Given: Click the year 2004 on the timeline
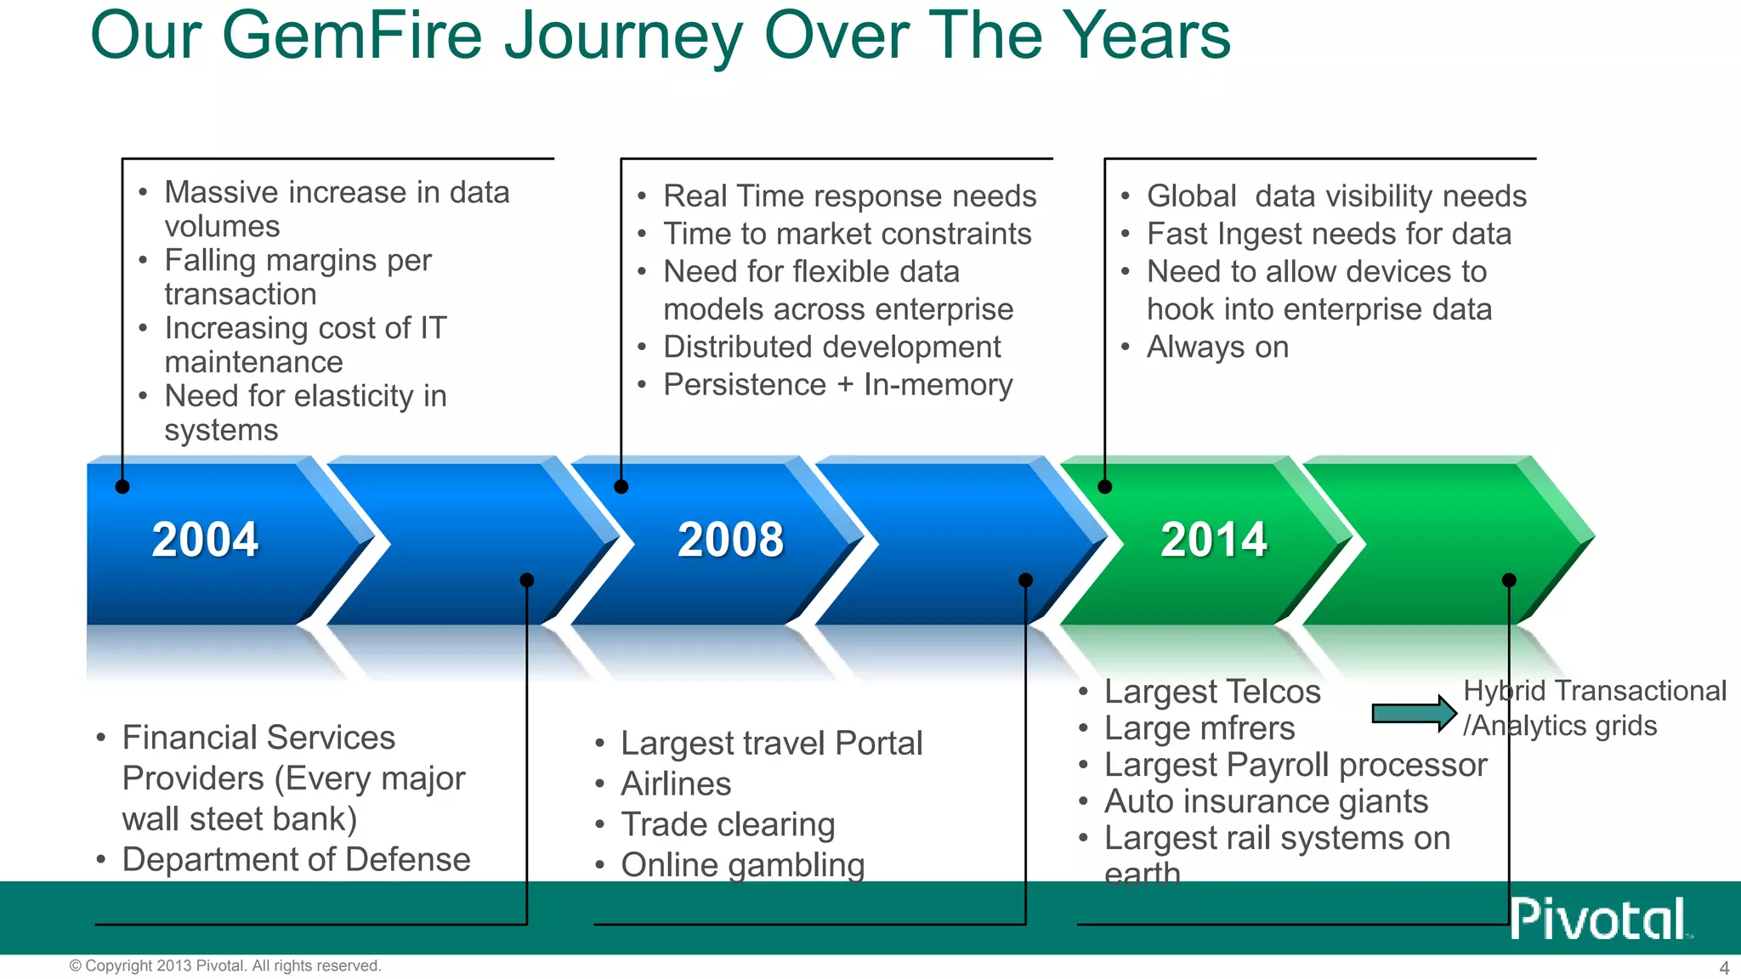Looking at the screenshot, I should [205, 540].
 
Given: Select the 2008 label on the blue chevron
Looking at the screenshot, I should [730, 540].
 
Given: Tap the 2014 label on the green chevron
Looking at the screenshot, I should [1213, 540].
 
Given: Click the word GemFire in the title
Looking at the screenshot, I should [352, 36].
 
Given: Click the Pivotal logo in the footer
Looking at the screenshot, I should [1599, 919].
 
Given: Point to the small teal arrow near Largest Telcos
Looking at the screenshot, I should [1414, 713].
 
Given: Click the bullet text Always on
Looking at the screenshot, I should [1217, 347].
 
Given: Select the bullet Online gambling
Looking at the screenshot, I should [742, 864].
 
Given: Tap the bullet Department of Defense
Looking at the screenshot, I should [296, 859].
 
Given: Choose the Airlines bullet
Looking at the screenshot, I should [676, 784].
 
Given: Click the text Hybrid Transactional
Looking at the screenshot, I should [1594, 691].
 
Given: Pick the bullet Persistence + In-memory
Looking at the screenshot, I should [837, 385].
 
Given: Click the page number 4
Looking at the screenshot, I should [1724, 968].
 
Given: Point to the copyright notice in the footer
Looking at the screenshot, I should [225, 965].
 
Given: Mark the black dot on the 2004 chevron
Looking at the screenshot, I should [122, 487].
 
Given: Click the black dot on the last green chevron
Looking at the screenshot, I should [1509, 580].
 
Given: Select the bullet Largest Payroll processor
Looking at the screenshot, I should [1295, 765].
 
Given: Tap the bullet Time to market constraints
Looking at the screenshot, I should [847, 234].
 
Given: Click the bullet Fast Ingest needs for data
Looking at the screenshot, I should [1329, 234].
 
